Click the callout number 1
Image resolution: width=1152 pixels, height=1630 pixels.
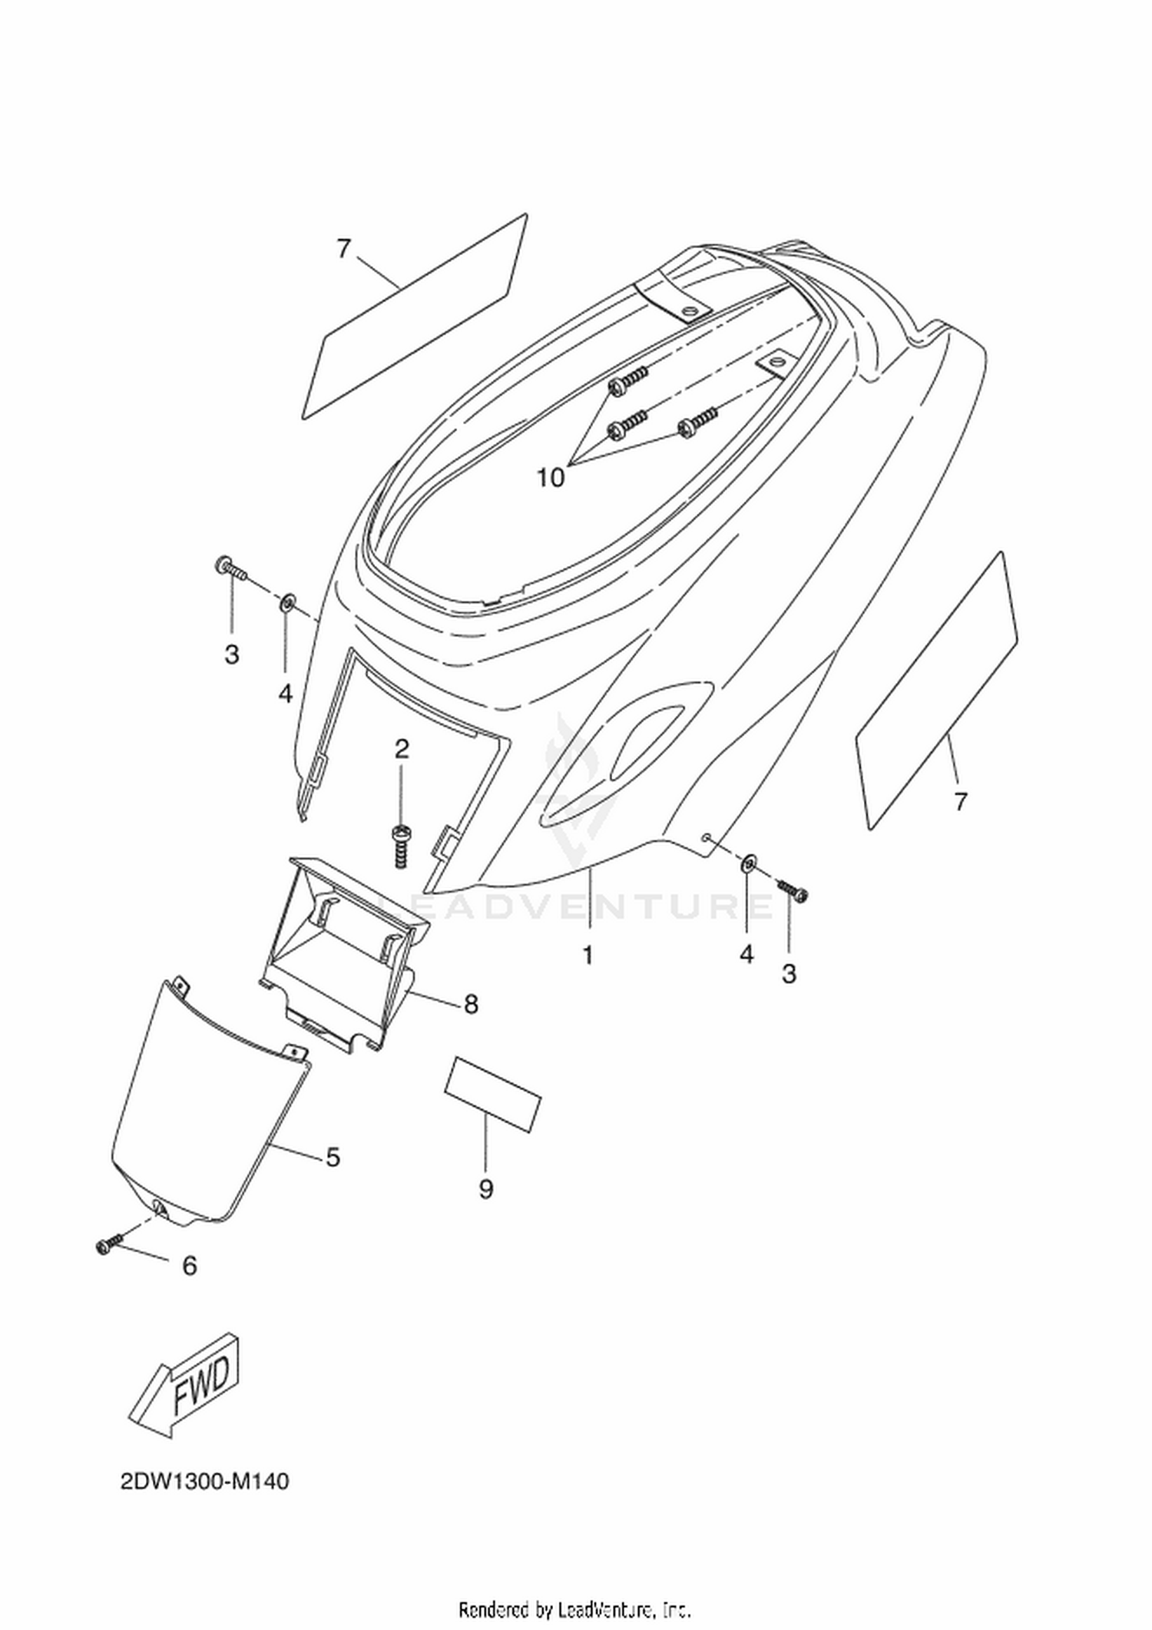click(588, 956)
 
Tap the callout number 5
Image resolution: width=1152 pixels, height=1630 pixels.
click(333, 1157)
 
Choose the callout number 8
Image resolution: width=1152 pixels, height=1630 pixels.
click(471, 1003)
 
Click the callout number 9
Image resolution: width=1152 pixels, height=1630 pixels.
click(485, 1190)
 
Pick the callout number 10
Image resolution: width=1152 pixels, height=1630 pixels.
click(551, 478)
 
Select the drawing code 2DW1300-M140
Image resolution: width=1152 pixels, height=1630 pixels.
click(204, 1481)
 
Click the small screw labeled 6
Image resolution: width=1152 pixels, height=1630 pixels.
click(110, 1245)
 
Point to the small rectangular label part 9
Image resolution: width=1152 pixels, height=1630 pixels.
click(493, 1093)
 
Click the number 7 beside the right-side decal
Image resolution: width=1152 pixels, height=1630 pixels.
click(960, 802)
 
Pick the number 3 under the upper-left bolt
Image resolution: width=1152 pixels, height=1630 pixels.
click(232, 654)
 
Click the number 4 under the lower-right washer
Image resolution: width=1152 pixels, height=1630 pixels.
click(746, 954)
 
